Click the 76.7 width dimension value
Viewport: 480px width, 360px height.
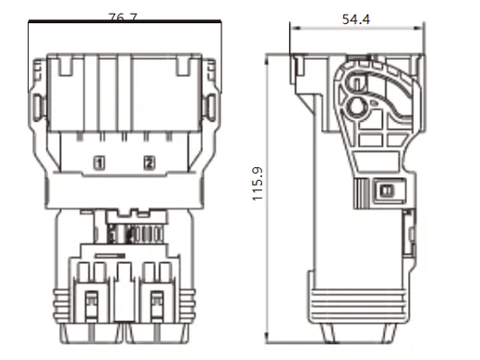coord(124,18)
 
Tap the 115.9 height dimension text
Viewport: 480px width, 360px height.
coord(258,184)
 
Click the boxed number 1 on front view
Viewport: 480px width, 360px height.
coord(99,162)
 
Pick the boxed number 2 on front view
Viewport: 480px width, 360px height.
coord(150,162)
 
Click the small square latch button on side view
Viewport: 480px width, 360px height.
coord(386,190)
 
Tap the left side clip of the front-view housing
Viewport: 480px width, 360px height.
coord(39,108)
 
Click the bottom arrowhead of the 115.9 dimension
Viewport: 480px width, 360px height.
coord(268,340)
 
